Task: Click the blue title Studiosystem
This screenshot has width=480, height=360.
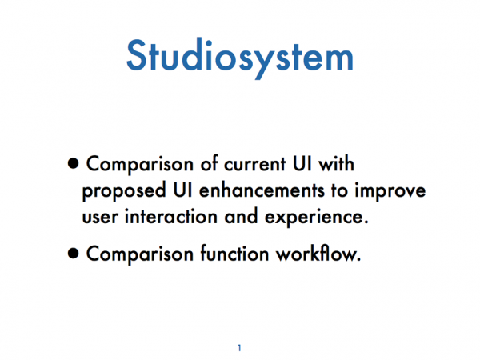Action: [240, 58]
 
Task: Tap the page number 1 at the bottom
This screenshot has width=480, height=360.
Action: [239, 348]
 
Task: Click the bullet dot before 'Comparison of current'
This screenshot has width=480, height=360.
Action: [73, 164]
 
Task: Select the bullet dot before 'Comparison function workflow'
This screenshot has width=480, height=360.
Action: [73, 254]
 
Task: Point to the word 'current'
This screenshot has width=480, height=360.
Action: [255, 164]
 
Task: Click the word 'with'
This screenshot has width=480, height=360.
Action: [336, 163]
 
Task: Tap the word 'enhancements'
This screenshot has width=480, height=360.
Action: [262, 190]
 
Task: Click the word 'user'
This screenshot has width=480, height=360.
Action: [100, 218]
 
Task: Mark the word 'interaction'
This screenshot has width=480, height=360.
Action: [171, 217]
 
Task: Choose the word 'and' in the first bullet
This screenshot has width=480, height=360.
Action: [241, 217]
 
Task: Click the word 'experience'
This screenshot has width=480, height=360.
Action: [314, 218]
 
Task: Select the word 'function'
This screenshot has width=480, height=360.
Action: [234, 253]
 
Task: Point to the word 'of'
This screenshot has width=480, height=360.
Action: [209, 163]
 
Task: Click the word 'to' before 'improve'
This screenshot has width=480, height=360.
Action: [339, 191]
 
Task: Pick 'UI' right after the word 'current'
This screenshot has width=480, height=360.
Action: [302, 164]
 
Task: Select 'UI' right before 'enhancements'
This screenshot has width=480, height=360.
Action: [182, 190]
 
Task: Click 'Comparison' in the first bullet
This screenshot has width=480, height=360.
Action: [140, 165]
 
